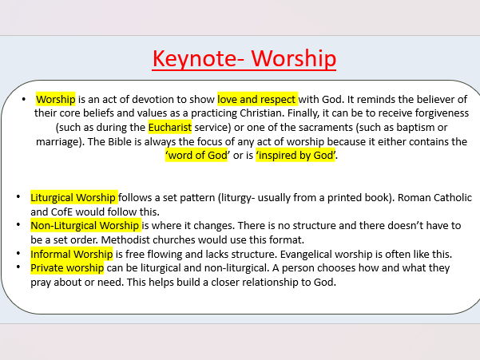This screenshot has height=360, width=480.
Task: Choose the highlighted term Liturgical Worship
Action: coord(73,197)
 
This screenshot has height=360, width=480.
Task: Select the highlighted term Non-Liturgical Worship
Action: coord(85,226)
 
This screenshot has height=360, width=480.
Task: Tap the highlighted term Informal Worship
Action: coord(71,254)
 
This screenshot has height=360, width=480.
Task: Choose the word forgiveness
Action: coord(434,113)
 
